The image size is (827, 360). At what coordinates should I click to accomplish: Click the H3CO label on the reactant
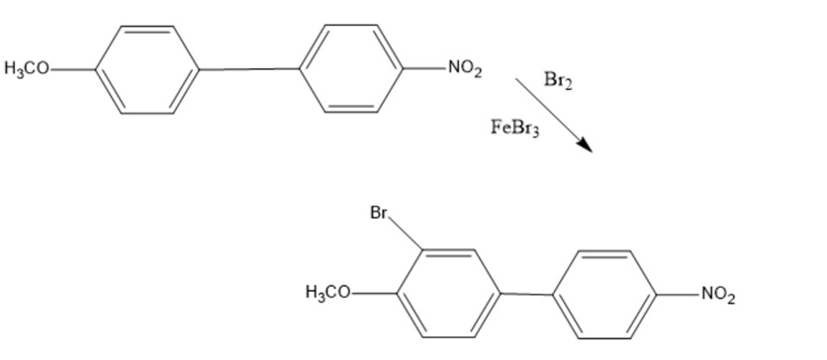[27, 69]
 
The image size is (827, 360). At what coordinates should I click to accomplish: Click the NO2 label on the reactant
[465, 68]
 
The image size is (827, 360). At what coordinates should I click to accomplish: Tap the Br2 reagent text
[558, 80]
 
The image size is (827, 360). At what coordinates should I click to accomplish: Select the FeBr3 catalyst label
[514, 128]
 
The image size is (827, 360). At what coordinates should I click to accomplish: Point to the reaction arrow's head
[587, 145]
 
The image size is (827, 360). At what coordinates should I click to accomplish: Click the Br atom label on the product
[379, 213]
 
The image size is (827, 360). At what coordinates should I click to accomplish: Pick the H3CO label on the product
[328, 292]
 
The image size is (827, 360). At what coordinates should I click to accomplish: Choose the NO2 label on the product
[718, 295]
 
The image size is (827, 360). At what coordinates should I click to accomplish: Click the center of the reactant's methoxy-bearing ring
[147, 69]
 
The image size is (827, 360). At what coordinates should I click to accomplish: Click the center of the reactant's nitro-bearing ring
[351, 68]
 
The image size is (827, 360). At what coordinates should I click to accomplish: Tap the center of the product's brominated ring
[448, 293]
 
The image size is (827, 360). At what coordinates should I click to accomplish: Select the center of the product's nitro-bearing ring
[604, 295]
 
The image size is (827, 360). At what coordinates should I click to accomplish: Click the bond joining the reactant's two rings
[249, 69]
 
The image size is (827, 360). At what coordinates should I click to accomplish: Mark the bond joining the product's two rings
[526, 294]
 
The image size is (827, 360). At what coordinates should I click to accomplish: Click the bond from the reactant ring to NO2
[424, 68]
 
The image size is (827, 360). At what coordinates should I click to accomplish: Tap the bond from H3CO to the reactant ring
[73, 69]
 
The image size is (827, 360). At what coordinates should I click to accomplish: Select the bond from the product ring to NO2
[678, 295]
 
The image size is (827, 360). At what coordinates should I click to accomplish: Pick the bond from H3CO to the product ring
[374, 293]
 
